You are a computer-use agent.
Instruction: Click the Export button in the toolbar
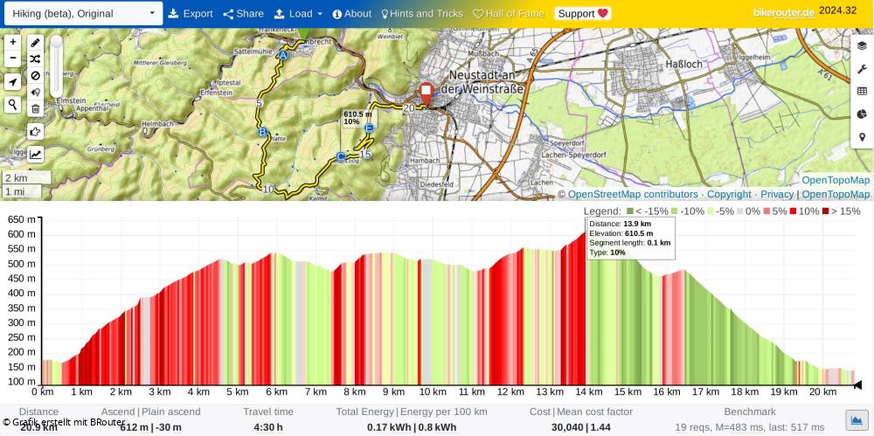click(x=191, y=14)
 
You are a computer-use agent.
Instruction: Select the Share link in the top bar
click(x=243, y=14)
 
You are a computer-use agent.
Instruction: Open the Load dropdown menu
click(x=298, y=14)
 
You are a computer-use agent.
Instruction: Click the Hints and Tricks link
click(x=422, y=14)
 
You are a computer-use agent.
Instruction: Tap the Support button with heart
click(x=583, y=14)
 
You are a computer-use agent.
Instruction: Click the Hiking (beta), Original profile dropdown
click(x=81, y=14)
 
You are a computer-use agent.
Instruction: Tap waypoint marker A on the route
click(x=282, y=55)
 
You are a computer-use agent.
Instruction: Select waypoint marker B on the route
click(x=262, y=133)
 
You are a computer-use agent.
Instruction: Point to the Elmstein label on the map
click(x=70, y=100)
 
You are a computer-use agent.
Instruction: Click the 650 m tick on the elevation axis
click(x=21, y=220)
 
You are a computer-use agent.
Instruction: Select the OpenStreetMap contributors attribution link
click(x=633, y=194)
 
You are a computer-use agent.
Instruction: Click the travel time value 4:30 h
click(x=268, y=427)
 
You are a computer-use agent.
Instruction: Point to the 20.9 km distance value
click(x=38, y=427)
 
